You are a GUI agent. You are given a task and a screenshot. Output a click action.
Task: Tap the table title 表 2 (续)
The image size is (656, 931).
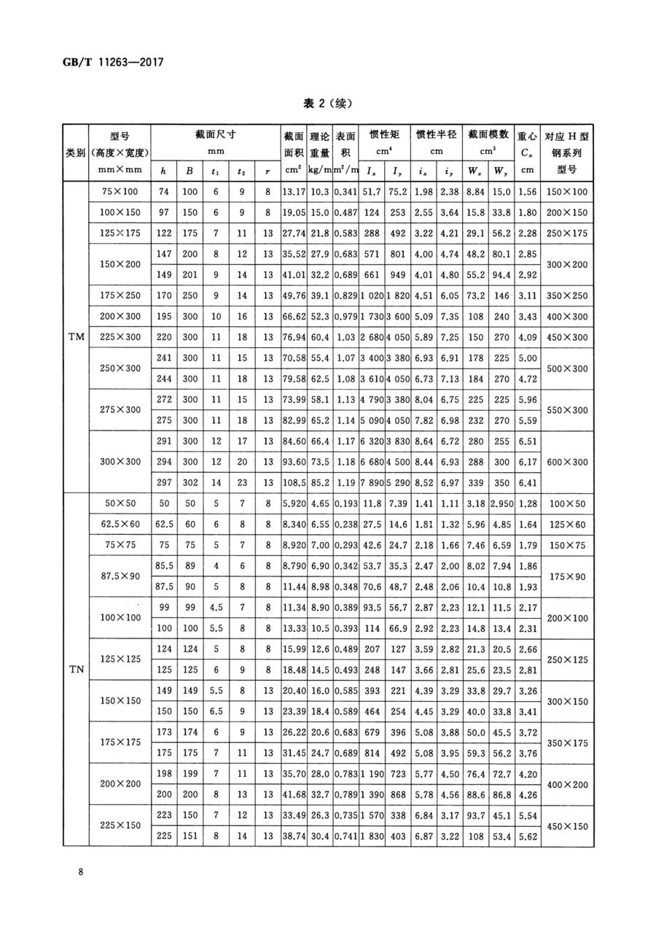tap(327, 103)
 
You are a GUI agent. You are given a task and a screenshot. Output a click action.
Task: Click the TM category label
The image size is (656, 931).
tap(76, 337)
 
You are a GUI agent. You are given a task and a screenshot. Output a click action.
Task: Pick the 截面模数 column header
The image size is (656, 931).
tap(488, 134)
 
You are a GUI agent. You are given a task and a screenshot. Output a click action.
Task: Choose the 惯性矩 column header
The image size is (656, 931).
tap(385, 134)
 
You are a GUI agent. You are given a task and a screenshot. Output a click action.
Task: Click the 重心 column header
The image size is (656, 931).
tap(526, 136)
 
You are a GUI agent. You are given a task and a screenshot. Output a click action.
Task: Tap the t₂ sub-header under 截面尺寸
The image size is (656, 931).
tap(241, 171)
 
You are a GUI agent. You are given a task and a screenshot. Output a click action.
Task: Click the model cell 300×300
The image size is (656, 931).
tap(119, 462)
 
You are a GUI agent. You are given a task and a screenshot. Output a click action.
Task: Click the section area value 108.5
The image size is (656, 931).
tap(293, 482)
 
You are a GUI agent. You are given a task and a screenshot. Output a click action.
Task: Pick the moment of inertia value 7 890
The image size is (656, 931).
tap(372, 482)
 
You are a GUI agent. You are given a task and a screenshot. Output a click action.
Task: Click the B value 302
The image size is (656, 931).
tap(190, 482)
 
